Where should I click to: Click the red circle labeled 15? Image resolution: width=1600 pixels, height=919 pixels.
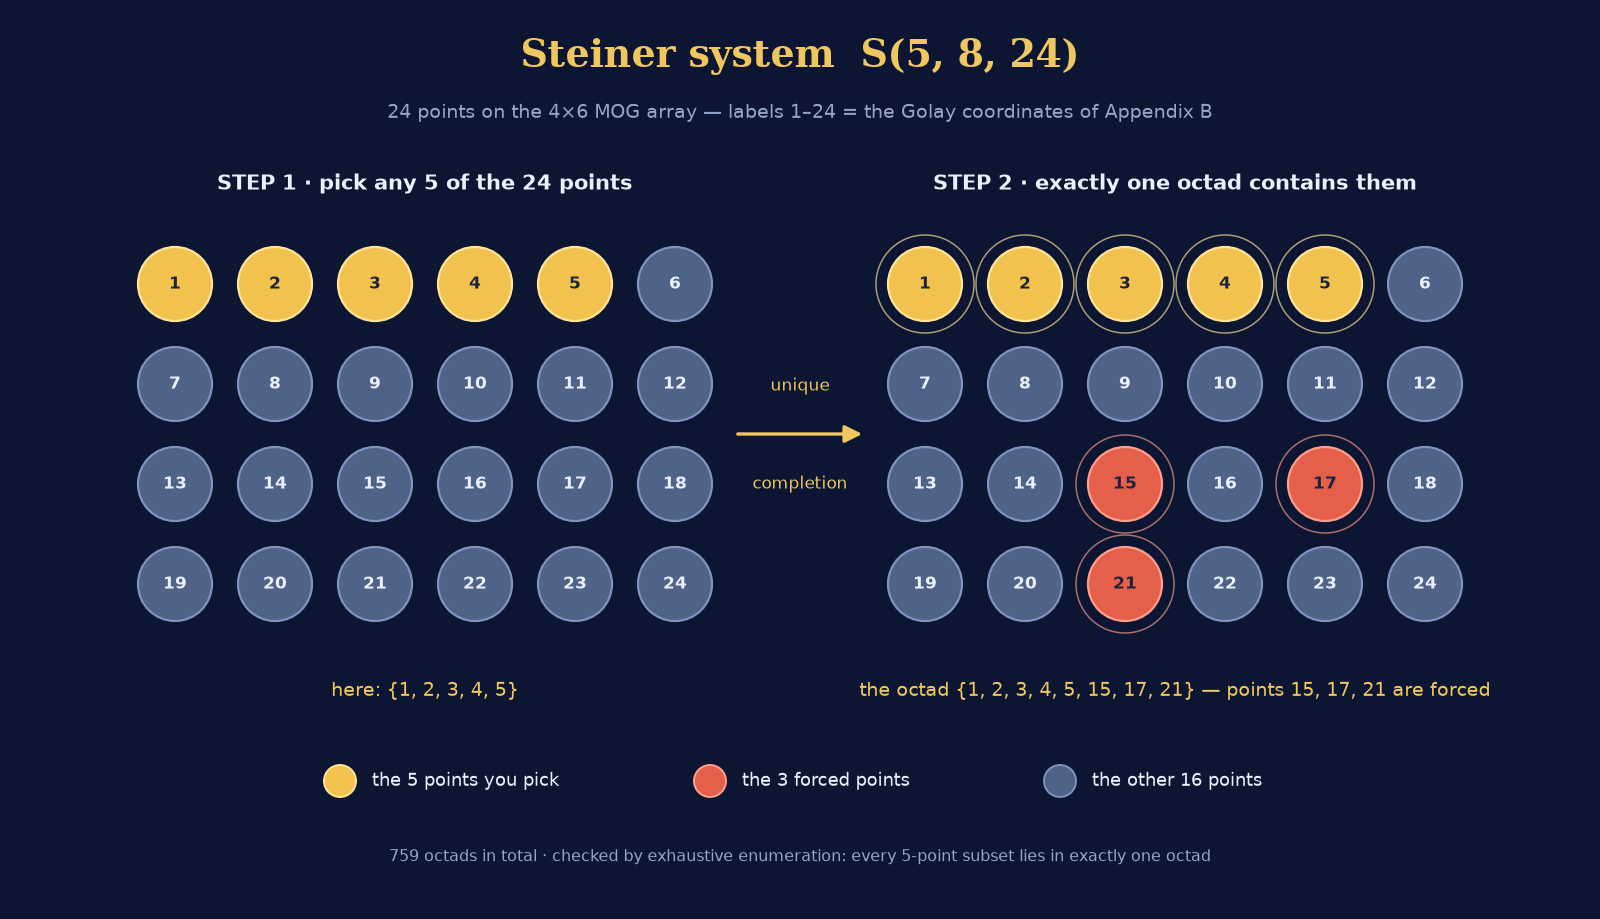(x=1124, y=484)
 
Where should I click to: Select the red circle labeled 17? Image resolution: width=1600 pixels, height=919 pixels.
(x=1324, y=484)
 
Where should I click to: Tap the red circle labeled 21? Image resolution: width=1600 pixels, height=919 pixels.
(x=1124, y=584)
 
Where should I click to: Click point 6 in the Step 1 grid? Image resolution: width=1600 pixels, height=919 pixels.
(x=674, y=284)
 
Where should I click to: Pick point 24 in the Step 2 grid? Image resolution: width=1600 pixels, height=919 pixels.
(x=1424, y=584)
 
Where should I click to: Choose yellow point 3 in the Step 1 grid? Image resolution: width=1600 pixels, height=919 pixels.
(x=374, y=284)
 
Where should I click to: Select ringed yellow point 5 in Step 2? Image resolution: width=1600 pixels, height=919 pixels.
(x=1324, y=284)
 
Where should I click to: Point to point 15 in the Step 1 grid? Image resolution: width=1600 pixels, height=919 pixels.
(x=374, y=484)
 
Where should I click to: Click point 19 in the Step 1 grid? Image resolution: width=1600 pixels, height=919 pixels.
(x=174, y=584)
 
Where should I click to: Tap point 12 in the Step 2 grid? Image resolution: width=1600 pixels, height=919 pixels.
(x=1424, y=384)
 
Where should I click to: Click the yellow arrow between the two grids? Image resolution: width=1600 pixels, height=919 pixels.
(x=799, y=434)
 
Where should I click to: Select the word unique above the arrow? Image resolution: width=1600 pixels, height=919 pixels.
(x=800, y=386)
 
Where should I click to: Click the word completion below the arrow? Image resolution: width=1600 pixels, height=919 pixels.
(x=799, y=483)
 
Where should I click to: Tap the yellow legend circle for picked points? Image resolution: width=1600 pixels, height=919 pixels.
(x=340, y=780)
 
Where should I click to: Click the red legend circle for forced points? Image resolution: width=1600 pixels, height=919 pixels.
(x=710, y=780)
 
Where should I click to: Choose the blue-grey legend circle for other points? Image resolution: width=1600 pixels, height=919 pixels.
(x=1060, y=780)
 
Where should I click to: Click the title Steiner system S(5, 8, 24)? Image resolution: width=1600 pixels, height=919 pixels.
(x=799, y=54)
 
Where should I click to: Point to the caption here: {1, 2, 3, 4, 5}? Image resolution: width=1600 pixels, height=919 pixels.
(x=424, y=690)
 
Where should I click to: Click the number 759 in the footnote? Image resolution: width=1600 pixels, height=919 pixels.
(x=404, y=855)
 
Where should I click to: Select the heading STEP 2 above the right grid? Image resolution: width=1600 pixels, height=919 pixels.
(x=973, y=183)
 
